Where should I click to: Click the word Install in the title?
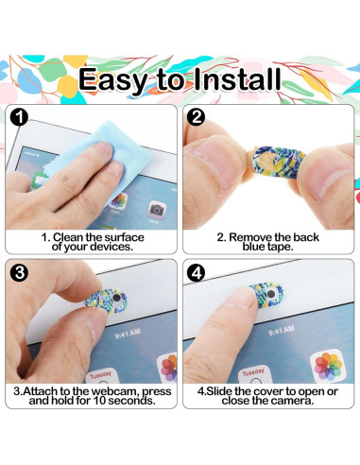237,78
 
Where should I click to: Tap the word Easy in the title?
112,80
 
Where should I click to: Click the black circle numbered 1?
19,117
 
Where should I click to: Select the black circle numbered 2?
196,117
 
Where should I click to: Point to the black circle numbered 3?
19,272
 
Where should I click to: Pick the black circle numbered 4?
196,273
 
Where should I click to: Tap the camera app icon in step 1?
157,210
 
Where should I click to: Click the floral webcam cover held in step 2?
279,162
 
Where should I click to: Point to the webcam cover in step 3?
107,301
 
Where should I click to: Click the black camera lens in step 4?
271,294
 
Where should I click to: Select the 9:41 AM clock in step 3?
128,334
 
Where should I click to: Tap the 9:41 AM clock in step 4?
282,331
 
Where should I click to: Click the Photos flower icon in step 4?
328,366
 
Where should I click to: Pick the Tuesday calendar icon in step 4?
254,374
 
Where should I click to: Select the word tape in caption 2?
280,247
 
